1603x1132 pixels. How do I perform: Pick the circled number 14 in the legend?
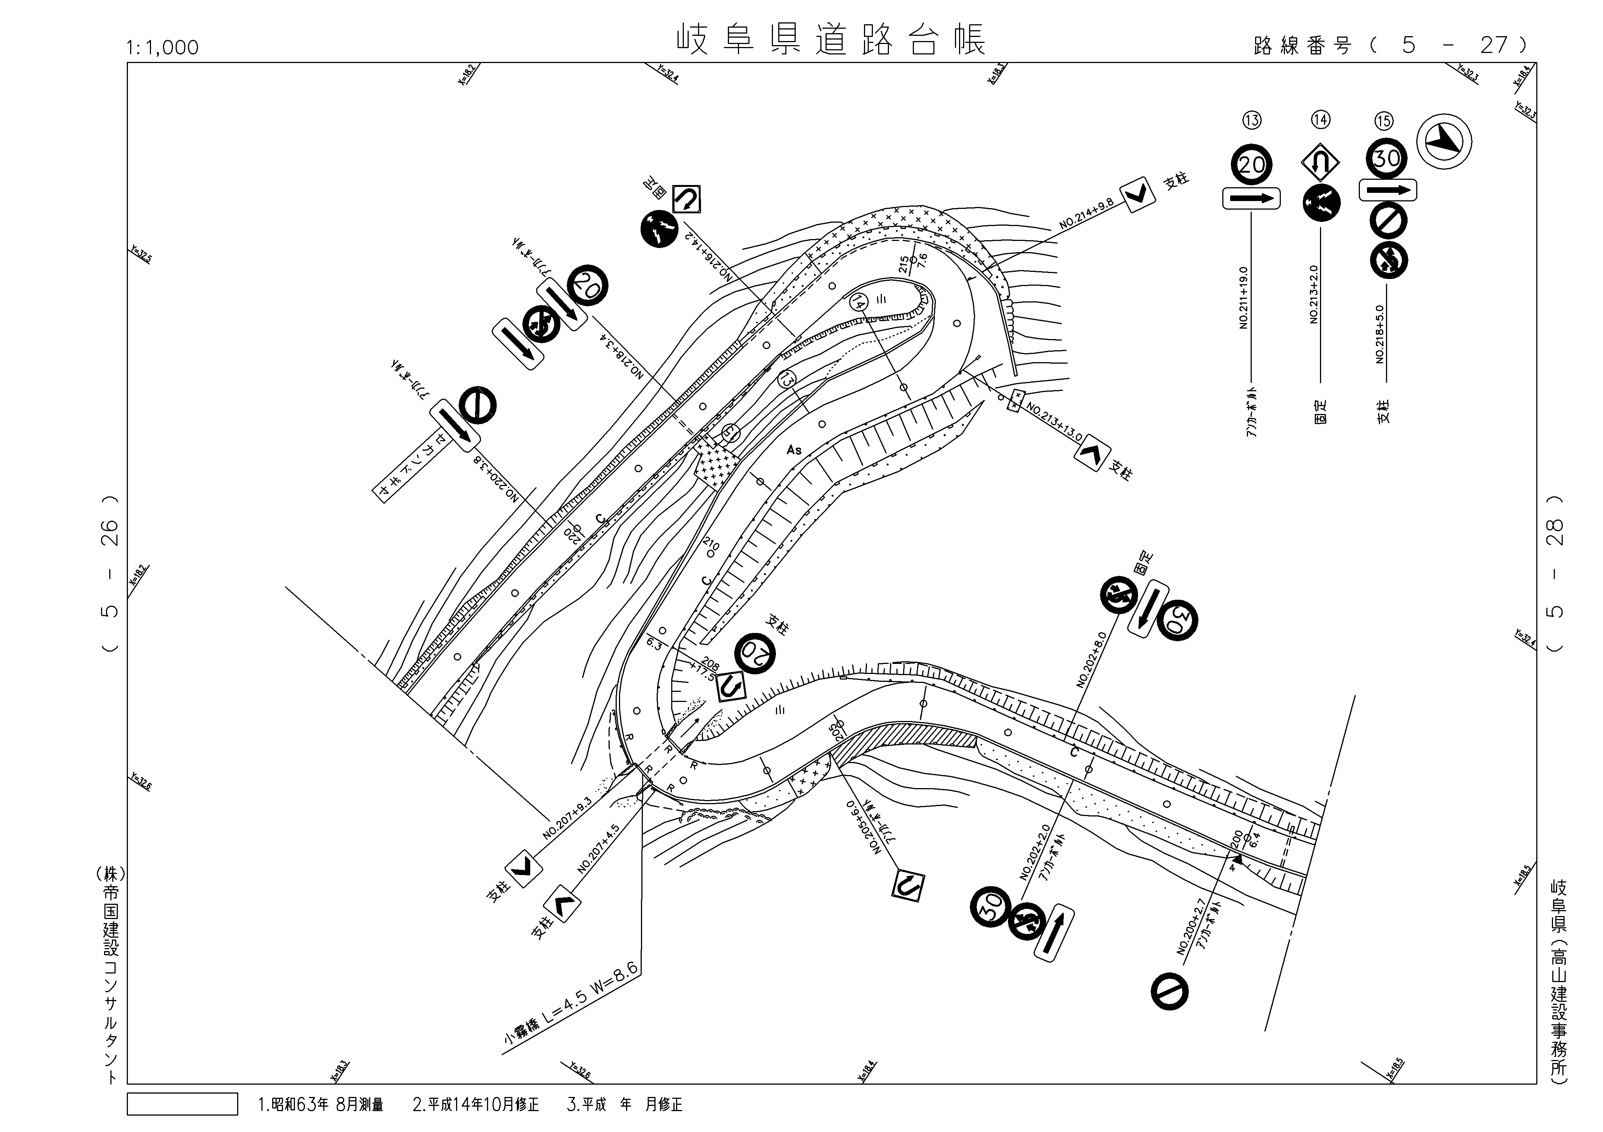tap(1320, 120)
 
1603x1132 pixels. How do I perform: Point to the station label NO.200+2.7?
tap(1192, 927)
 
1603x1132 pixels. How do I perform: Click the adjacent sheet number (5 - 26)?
tap(110, 574)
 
